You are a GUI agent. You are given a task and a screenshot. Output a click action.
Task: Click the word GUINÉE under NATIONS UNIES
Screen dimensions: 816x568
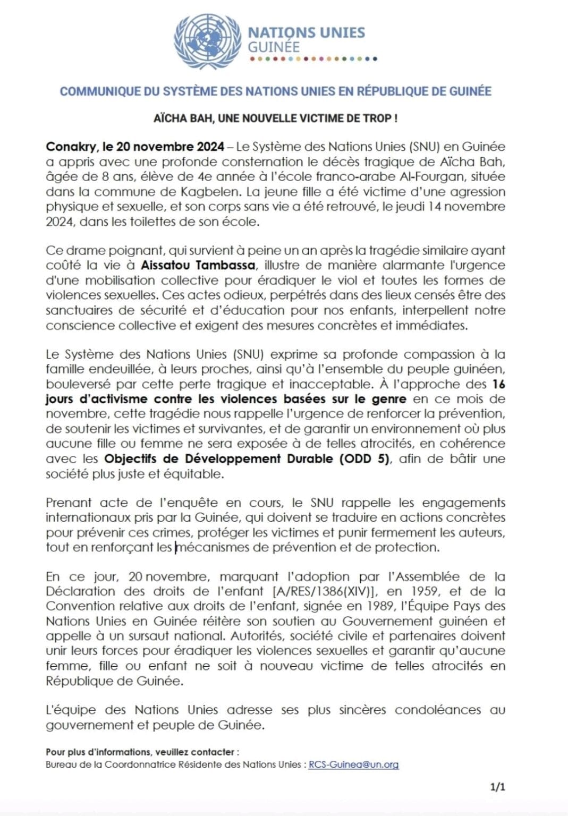coord(274,47)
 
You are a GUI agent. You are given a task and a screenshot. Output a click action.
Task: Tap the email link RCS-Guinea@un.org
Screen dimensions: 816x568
coord(353,764)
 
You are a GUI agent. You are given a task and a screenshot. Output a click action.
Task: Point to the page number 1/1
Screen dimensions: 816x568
coord(498,787)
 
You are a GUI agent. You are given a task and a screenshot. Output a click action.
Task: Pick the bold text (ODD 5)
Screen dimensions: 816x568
coord(364,458)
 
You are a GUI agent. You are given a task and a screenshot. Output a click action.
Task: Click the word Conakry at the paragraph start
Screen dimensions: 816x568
coord(67,147)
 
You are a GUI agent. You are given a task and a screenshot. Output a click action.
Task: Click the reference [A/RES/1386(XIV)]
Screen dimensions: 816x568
coord(325,591)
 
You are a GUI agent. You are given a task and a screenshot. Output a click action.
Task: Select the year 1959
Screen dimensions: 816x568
coord(426,591)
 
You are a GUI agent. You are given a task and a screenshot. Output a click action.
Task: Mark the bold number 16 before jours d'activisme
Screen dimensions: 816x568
coord(498,384)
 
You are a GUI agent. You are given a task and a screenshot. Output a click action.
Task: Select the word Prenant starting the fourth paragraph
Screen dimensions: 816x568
coord(69,503)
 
